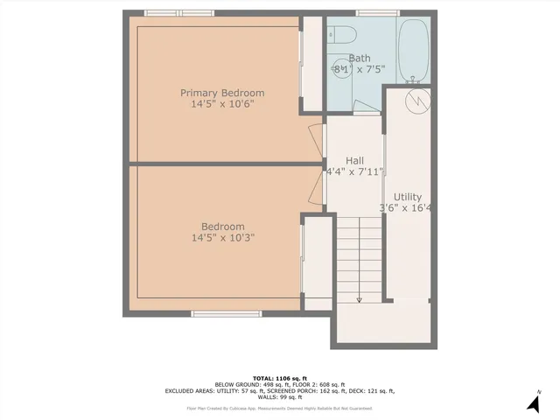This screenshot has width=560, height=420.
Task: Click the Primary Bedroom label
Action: [222, 93]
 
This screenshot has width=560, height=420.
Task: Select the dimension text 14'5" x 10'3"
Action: [222, 237]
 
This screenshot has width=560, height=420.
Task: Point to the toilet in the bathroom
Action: [343, 35]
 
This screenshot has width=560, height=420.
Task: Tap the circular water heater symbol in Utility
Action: [418, 100]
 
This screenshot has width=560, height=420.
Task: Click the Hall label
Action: [354, 161]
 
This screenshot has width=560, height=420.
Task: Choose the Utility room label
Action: [409, 197]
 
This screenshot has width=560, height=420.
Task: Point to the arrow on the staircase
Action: [359, 297]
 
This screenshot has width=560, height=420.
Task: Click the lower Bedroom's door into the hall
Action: [315, 185]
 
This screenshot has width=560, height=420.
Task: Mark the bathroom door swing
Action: [367, 107]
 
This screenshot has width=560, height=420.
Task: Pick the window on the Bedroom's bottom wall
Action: [214, 313]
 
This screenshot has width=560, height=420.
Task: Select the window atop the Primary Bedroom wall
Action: [168, 13]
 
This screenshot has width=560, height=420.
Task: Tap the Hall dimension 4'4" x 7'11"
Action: [354, 172]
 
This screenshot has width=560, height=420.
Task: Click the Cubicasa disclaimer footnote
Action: [279, 408]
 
